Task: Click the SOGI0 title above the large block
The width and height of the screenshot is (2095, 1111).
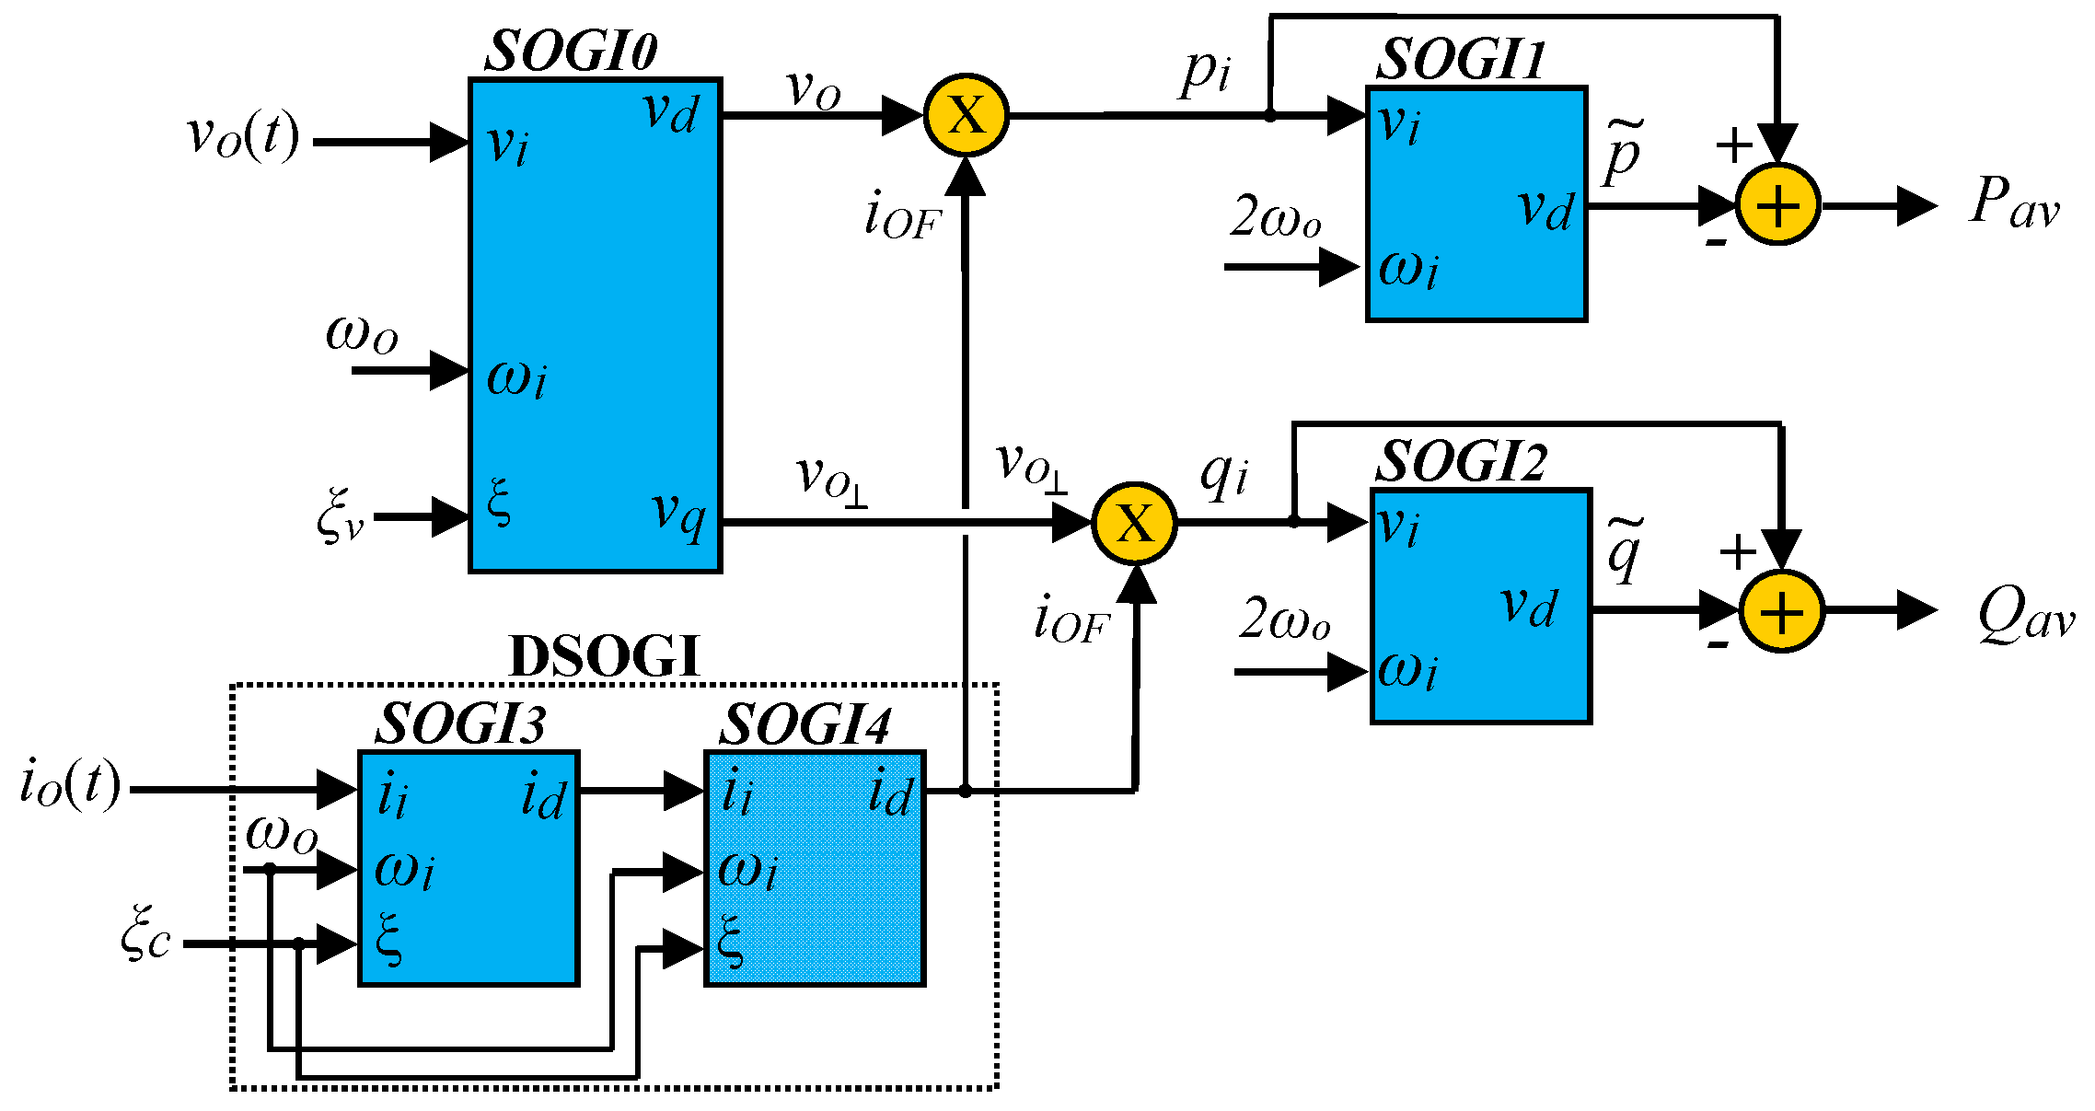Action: (x=571, y=52)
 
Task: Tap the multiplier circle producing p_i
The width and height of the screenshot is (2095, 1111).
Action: (x=966, y=116)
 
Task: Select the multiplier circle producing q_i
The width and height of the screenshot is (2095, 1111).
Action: (x=1134, y=524)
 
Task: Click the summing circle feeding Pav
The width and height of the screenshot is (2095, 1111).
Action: (x=1777, y=205)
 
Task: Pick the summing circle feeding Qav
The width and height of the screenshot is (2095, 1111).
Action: (x=1782, y=612)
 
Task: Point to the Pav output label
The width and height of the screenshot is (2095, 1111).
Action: (x=2013, y=203)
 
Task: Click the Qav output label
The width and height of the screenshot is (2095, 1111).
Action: (x=2025, y=615)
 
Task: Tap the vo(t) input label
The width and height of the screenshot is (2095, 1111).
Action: (x=243, y=136)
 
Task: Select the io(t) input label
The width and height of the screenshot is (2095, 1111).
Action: (x=70, y=784)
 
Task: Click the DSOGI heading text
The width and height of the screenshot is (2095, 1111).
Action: (x=605, y=657)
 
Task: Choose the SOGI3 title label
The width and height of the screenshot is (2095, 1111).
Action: (x=460, y=724)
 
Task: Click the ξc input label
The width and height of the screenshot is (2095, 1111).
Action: (x=145, y=933)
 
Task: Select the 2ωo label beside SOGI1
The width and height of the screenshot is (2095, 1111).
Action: (x=1276, y=219)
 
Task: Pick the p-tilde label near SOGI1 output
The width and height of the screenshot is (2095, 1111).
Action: (x=1622, y=152)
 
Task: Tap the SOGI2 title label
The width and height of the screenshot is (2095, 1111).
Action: (x=1461, y=461)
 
